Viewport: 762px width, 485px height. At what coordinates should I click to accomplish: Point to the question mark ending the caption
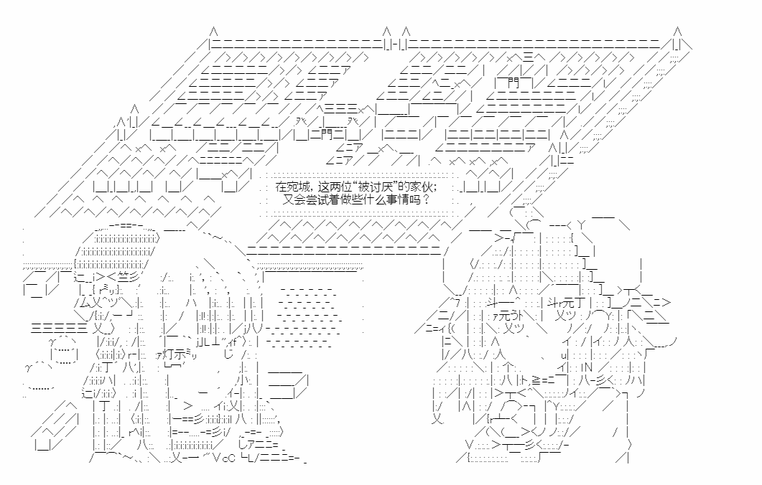(426, 199)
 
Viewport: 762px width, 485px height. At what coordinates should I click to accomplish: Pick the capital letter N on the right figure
(587, 367)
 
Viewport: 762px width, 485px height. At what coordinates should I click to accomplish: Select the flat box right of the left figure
(287, 384)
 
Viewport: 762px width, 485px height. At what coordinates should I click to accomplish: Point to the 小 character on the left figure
(243, 379)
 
